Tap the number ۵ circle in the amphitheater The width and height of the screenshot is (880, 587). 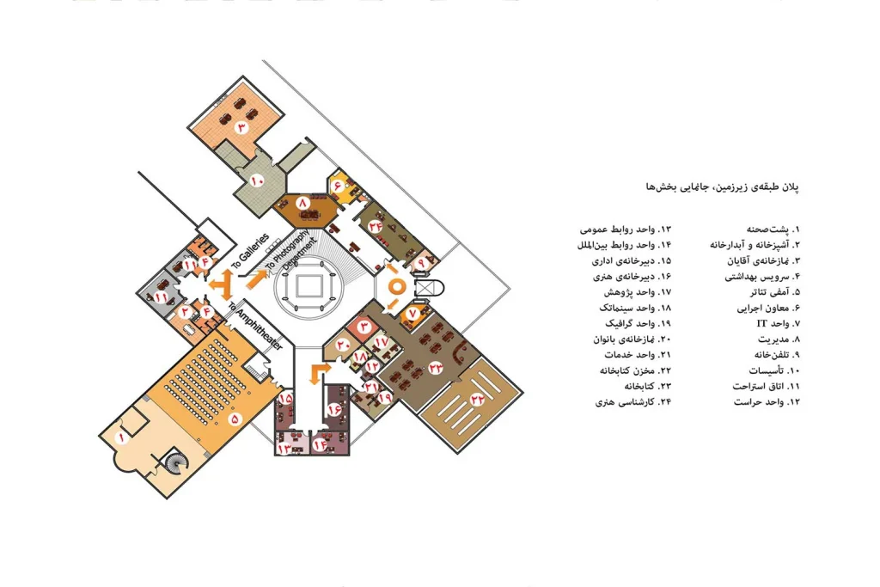click(235, 418)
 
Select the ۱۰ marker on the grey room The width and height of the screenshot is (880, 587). click(257, 180)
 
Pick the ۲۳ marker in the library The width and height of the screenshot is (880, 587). click(436, 368)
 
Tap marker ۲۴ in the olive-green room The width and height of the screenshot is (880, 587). click(376, 226)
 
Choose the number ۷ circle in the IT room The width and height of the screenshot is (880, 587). click(412, 313)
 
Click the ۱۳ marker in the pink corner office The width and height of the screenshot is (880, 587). click(284, 449)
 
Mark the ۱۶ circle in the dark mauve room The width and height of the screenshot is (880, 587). click(334, 408)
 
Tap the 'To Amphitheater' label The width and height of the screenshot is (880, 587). click(256, 326)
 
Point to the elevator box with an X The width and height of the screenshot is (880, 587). click(424, 289)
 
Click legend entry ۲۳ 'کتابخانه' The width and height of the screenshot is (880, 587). click(648, 387)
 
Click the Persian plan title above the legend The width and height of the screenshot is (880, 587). click(722, 186)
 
